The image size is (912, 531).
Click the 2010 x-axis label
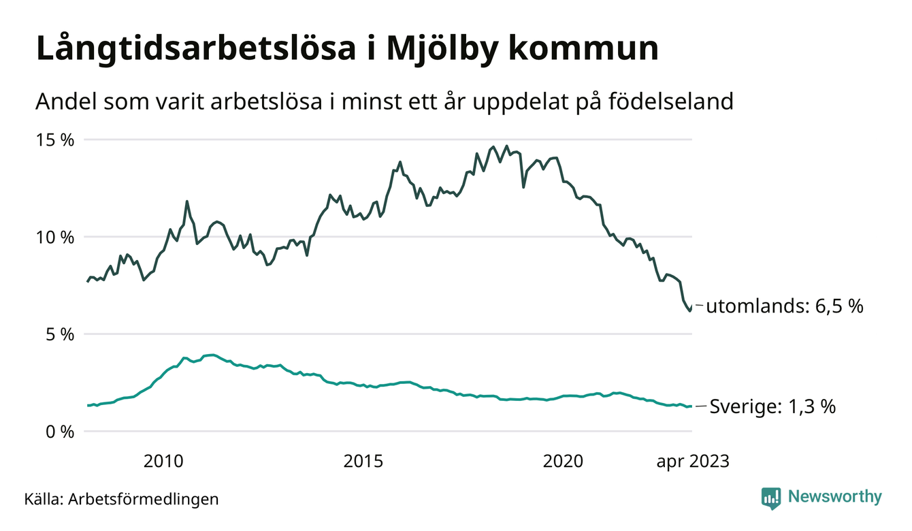(163, 462)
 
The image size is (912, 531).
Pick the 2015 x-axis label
(363, 462)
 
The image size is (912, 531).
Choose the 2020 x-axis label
(564, 462)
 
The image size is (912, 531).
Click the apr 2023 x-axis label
(692, 462)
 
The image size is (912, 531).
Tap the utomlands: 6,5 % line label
(784, 307)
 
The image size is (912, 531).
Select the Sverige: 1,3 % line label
(772, 407)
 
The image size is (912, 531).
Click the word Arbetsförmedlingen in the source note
(143, 499)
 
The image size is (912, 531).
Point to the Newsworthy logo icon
(770, 498)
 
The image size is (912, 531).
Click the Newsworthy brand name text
(834, 497)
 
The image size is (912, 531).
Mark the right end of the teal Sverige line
(691, 406)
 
